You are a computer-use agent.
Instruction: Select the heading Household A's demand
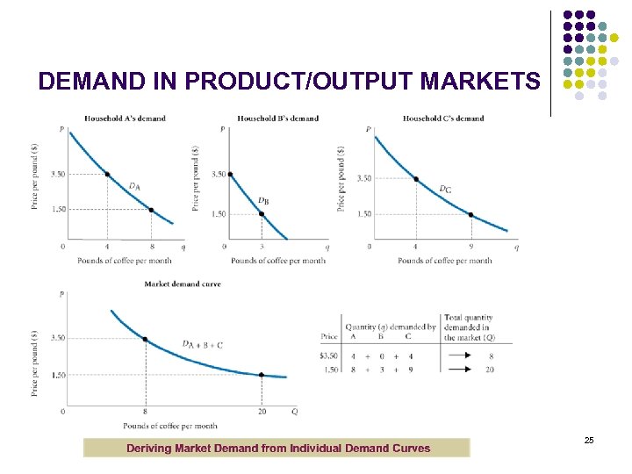[x=125, y=118]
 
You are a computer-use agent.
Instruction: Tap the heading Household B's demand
[x=277, y=118]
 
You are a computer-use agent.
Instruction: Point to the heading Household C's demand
[x=442, y=118]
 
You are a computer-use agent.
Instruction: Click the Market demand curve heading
[x=183, y=284]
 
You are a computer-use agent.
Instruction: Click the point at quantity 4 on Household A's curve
[x=107, y=174]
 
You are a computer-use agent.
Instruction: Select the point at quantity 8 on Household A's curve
[x=151, y=210]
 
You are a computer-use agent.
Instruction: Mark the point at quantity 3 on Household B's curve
[x=261, y=213]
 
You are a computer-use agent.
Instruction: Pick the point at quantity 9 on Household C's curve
[x=470, y=214]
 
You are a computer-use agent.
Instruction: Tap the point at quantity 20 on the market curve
[x=261, y=375]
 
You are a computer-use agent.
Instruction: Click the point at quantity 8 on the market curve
[x=145, y=339]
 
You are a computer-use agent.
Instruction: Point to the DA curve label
[x=134, y=186]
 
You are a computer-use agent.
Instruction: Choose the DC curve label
[x=445, y=188]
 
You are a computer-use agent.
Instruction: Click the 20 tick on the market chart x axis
[x=261, y=412]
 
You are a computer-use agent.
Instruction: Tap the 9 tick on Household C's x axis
[x=470, y=248]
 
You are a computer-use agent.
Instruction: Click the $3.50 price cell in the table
[x=329, y=355]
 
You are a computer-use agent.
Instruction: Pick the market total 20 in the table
[x=490, y=370]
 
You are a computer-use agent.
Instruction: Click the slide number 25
[x=589, y=439]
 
